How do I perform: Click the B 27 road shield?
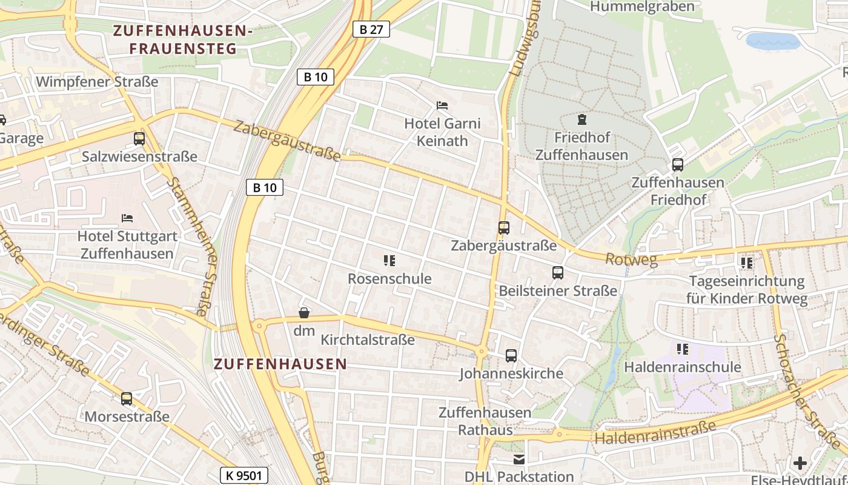click(x=371, y=28)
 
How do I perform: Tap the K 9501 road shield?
click(x=243, y=475)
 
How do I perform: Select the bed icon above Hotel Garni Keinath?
click(x=442, y=105)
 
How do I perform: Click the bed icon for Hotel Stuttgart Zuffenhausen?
click(x=127, y=218)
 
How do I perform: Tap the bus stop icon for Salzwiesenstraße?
click(x=139, y=139)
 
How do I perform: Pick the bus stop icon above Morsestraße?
click(x=127, y=398)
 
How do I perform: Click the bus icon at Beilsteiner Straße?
click(x=558, y=273)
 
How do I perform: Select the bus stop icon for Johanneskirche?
click(x=511, y=355)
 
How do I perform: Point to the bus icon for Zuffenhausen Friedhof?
click(x=678, y=164)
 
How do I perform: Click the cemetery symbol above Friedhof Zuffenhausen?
click(x=582, y=119)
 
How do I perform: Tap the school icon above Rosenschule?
click(x=389, y=261)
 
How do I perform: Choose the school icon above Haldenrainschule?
click(x=683, y=349)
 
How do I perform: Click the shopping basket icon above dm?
click(x=304, y=313)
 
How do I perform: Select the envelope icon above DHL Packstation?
click(x=519, y=460)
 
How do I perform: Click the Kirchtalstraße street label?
click(x=368, y=339)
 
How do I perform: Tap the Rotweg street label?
click(x=631, y=259)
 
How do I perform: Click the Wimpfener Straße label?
click(x=97, y=81)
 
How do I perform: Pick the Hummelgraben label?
click(x=642, y=7)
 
